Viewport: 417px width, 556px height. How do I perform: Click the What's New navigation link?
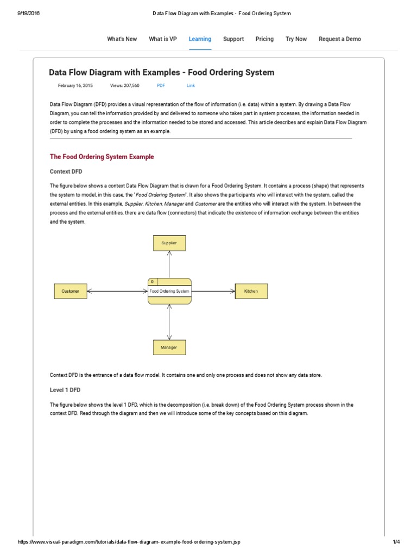[122, 39]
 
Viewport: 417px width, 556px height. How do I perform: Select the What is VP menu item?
[162, 39]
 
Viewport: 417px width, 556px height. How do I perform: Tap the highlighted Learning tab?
[200, 39]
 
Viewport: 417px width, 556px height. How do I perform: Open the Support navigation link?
[233, 39]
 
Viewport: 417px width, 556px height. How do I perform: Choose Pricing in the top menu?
[264, 39]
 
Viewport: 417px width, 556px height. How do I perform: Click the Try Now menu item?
[296, 39]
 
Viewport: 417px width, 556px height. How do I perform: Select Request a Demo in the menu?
[339, 39]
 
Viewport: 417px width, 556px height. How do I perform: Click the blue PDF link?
[161, 86]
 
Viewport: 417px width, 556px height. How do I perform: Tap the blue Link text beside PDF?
[191, 86]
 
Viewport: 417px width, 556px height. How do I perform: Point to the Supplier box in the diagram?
[169, 243]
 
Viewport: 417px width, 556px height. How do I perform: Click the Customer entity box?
[71, 291]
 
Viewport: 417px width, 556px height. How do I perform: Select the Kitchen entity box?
[251, 291]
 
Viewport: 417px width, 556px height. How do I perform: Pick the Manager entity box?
[169, 347]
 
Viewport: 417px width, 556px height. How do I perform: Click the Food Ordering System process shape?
[169, 291]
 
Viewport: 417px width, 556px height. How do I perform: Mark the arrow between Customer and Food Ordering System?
[117, 291]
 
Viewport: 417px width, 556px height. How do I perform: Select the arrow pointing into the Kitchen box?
[213, 291]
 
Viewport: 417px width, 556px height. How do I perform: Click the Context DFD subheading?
[66, 171]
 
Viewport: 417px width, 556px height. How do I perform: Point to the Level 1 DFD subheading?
[65, 390]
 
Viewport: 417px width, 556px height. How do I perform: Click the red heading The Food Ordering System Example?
[102, 157]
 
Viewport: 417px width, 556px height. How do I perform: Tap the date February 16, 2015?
[75, 86]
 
